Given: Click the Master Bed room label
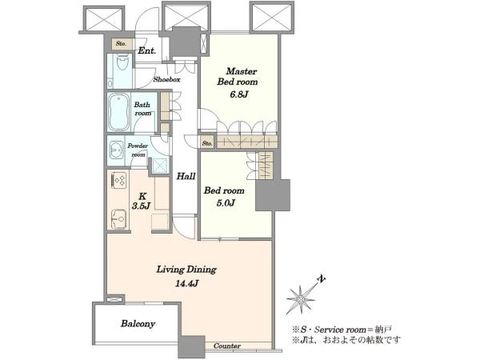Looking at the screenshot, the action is click(238, 77).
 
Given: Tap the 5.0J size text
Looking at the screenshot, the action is click(226, 203).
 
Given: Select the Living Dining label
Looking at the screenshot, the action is click(186, 270).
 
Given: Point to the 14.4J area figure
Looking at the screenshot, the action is click(187, 283).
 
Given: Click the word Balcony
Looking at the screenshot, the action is click(138, 324).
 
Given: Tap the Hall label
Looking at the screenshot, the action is click(186, 176).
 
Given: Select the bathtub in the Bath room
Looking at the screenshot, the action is click(118, 112).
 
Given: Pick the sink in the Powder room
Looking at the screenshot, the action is click(116, 150).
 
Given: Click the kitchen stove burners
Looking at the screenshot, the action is click(118, 180).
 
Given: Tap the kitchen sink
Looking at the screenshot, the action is click(118, 219).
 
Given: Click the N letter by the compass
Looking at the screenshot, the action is click(321, 279).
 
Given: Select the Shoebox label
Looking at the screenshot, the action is click(167, 79).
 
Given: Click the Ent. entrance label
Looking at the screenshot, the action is click(147, 50).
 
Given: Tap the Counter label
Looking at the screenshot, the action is click(227, 346).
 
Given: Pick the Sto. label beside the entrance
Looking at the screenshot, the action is click(122, 44).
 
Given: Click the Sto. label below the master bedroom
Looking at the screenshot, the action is click(207, 143).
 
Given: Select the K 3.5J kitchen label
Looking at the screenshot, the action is click(141, 201).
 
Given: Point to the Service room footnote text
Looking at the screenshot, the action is click(342, 330).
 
